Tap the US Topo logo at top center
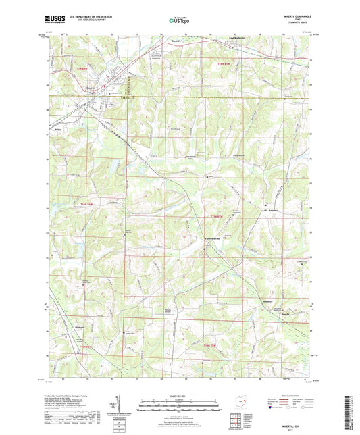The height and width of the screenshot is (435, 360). [177, 21]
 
